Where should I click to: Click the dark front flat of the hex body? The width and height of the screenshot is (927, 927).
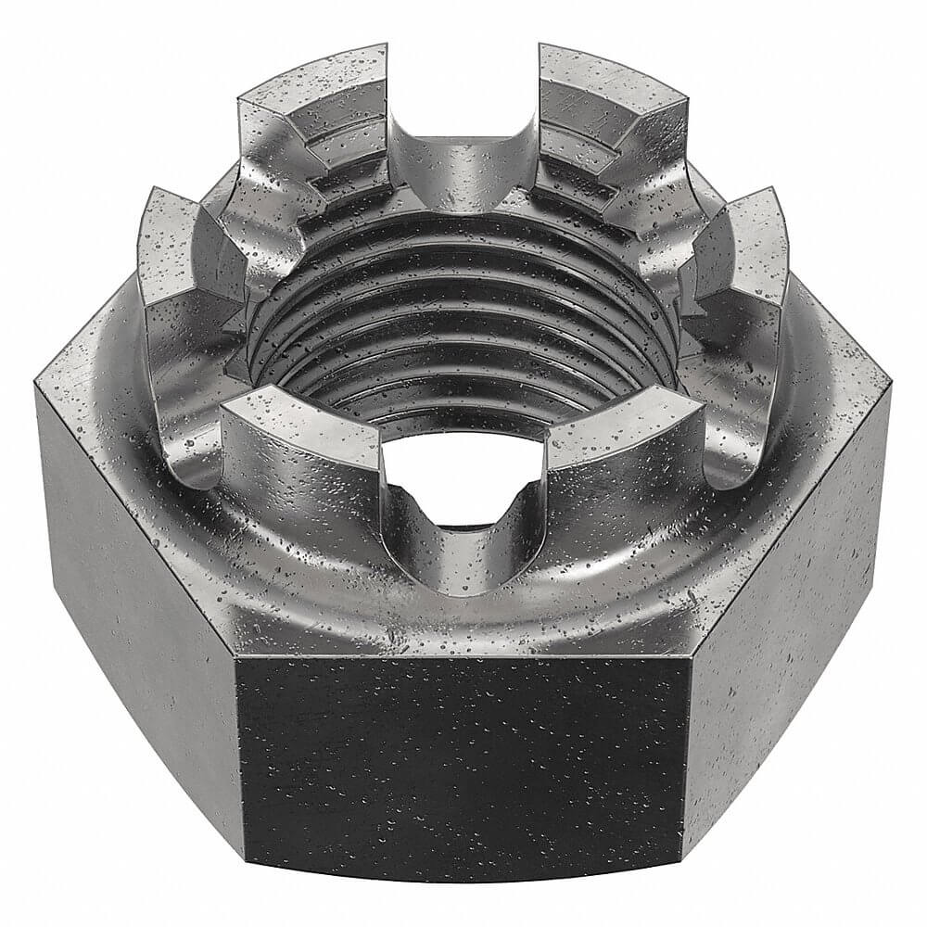click(463, 760)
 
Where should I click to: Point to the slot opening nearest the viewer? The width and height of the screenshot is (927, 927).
click(463, 482)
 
